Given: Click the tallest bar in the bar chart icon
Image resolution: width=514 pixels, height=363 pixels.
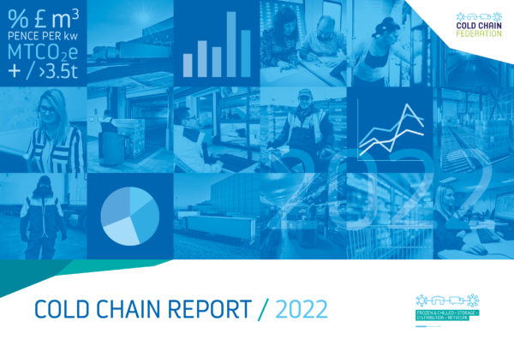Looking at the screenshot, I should (x=231, y=44).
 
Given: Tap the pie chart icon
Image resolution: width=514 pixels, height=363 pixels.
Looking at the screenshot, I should (x=128, y=215).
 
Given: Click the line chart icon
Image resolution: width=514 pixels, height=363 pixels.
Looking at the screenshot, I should (x=391, y=131).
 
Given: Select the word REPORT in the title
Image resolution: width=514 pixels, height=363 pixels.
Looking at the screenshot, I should (x=214, y=306).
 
